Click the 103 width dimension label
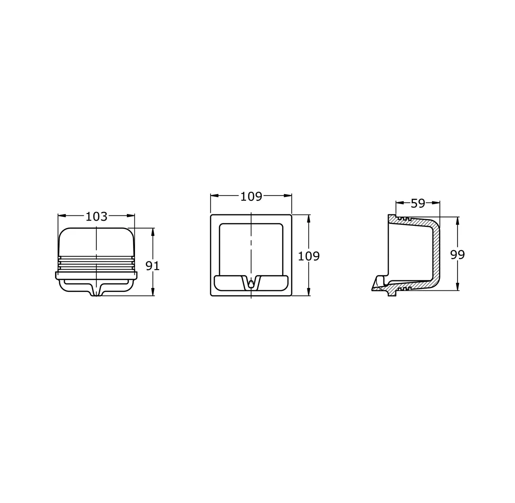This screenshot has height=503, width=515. pyautogui.click(x=96, y=216)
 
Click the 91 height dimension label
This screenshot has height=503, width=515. pyautogui.click(x=153, y=266)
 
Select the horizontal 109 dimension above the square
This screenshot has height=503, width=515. pyautogui.click(x=251, y=196)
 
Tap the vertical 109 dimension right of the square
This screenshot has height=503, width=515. pyautogui.click(x=309, y=256)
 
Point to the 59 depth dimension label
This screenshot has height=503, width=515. pyautogui.click(x=418, y=204)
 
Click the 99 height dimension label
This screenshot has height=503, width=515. pyautogui.click(x=458, y=255)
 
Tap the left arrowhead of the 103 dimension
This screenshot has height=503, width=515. pyautogui.click(x=62, y=215)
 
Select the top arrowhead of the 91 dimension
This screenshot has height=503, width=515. pyautogui.click(x=153, y=232)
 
